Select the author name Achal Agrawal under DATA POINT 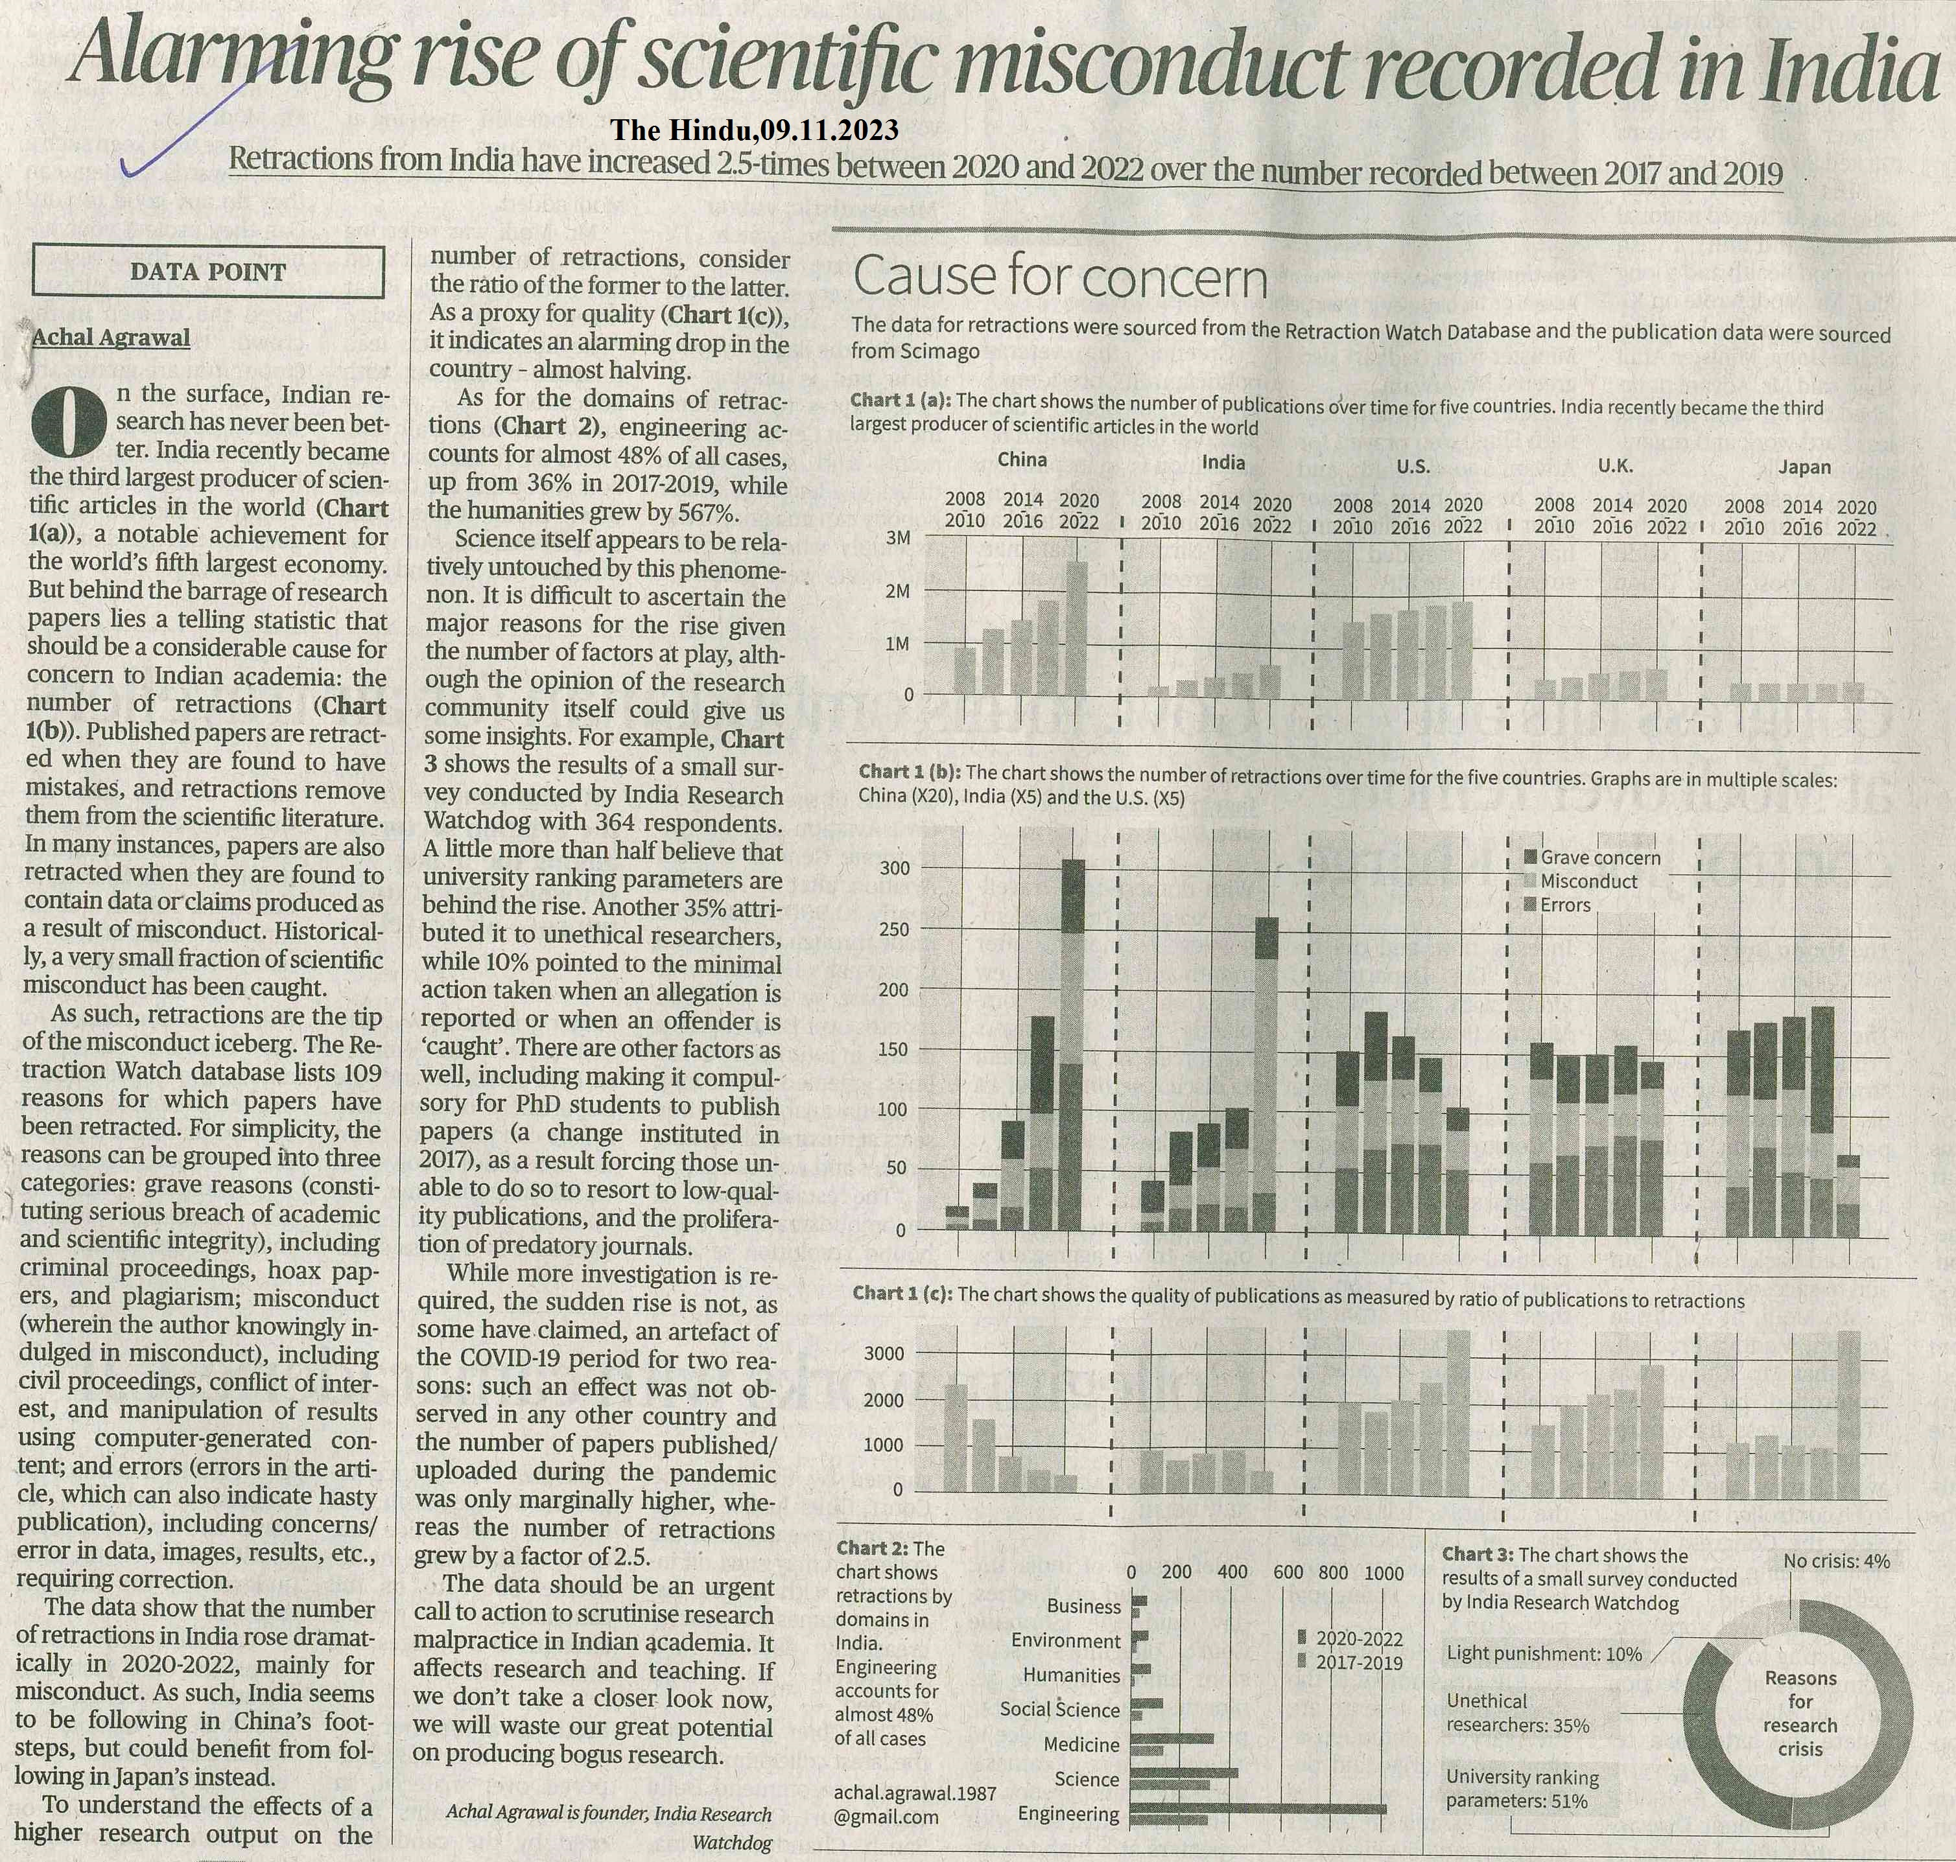tap(112, 338)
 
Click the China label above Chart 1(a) tap(1022, 460)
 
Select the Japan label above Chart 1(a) tap(1804, 467)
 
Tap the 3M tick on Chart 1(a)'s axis tap(897, 538)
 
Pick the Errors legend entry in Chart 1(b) tap(1564, 905)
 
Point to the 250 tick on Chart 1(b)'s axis tap(895, 930)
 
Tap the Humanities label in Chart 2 tap(1071, 1675)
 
